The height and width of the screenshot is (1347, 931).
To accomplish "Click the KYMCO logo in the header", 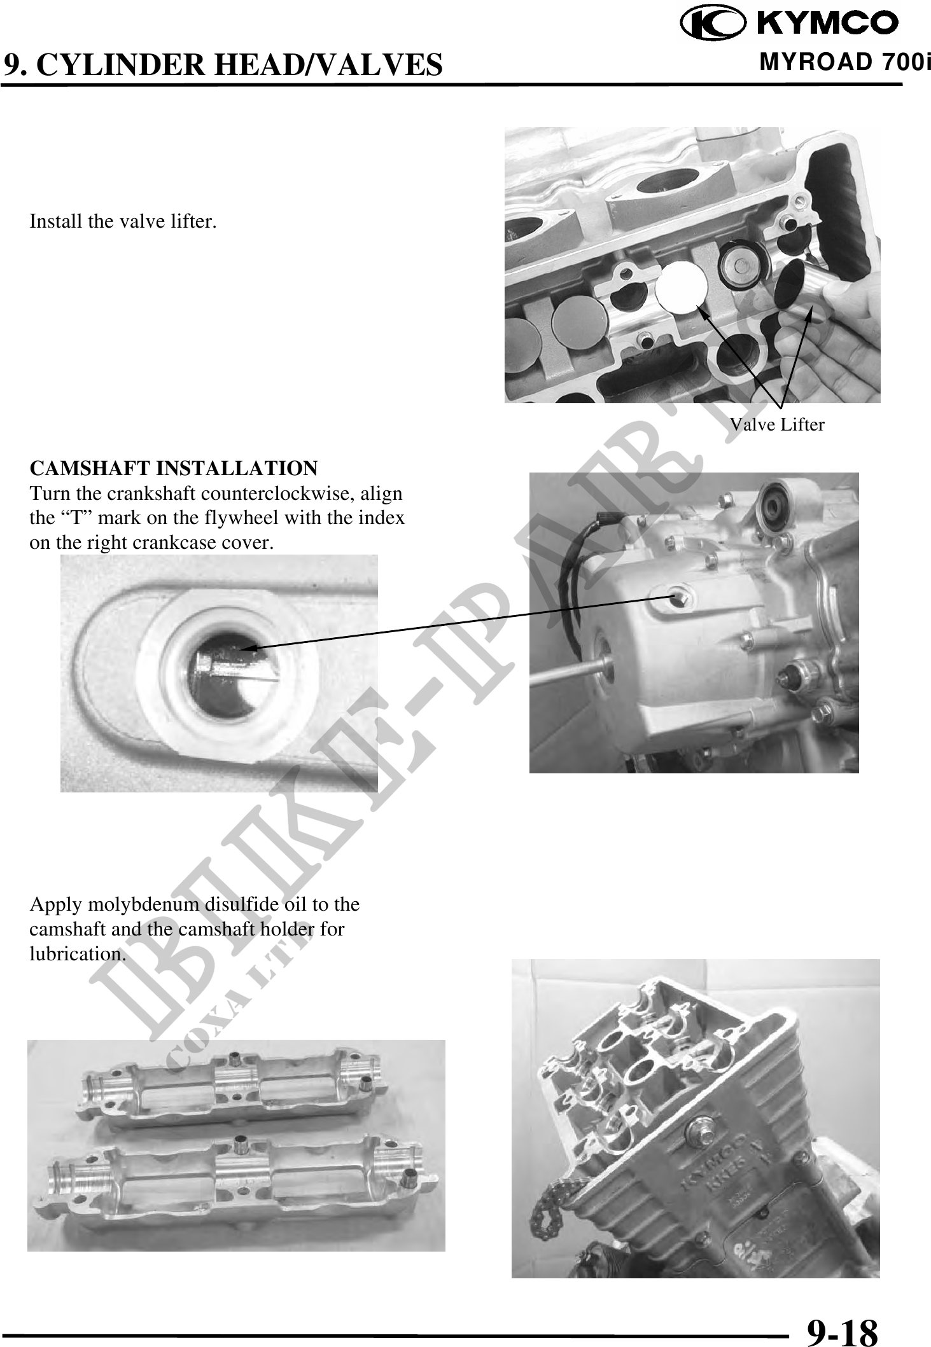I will click(789, 24).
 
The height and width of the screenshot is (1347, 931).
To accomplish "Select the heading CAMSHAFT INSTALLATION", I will click(173, 468).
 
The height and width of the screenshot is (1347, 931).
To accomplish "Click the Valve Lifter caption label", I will click(776, 424).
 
